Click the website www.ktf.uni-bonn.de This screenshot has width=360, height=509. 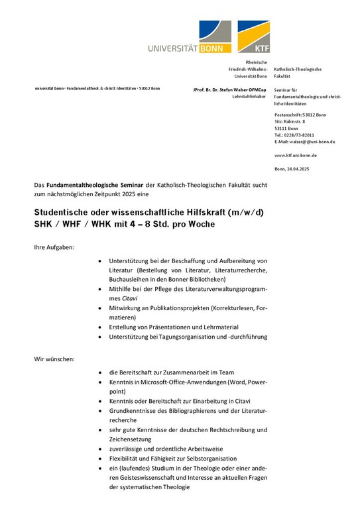point(295,155)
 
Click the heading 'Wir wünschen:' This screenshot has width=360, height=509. point(54,359)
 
